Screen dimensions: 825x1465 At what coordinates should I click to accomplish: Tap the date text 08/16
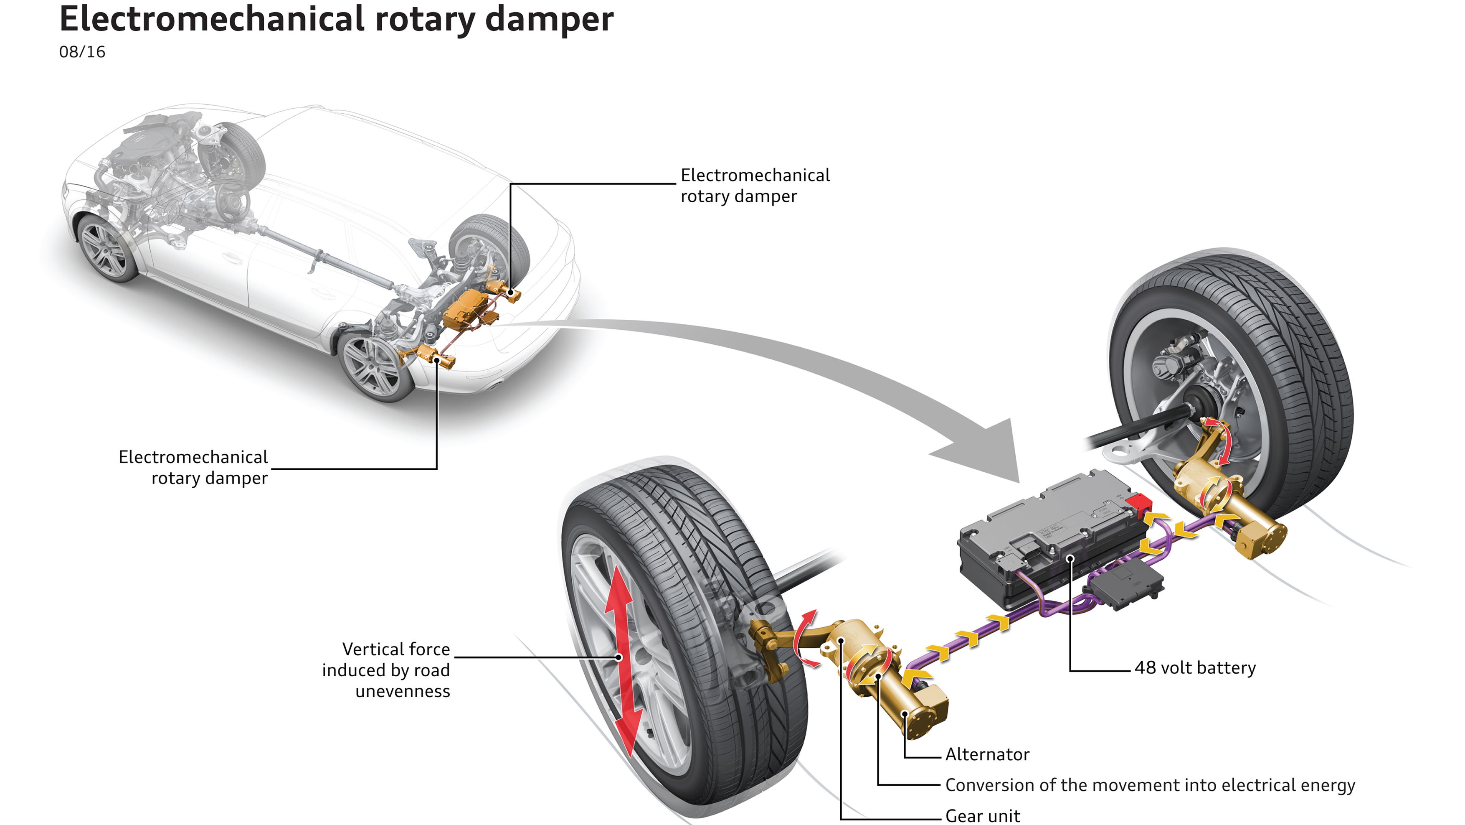pyautogui.click(x=82, y=52)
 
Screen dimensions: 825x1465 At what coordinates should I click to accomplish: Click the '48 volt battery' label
pyautogui.click(x=1195, y=667)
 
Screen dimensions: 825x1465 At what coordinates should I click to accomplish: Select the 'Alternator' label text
pyautogui.click(x=987, y=754)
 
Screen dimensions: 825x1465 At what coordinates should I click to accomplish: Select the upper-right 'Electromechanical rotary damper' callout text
pyautogui.click(x=755, y=186)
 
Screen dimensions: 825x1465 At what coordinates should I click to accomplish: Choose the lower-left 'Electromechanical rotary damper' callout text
pyautogui.click(x=193, y=468)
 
